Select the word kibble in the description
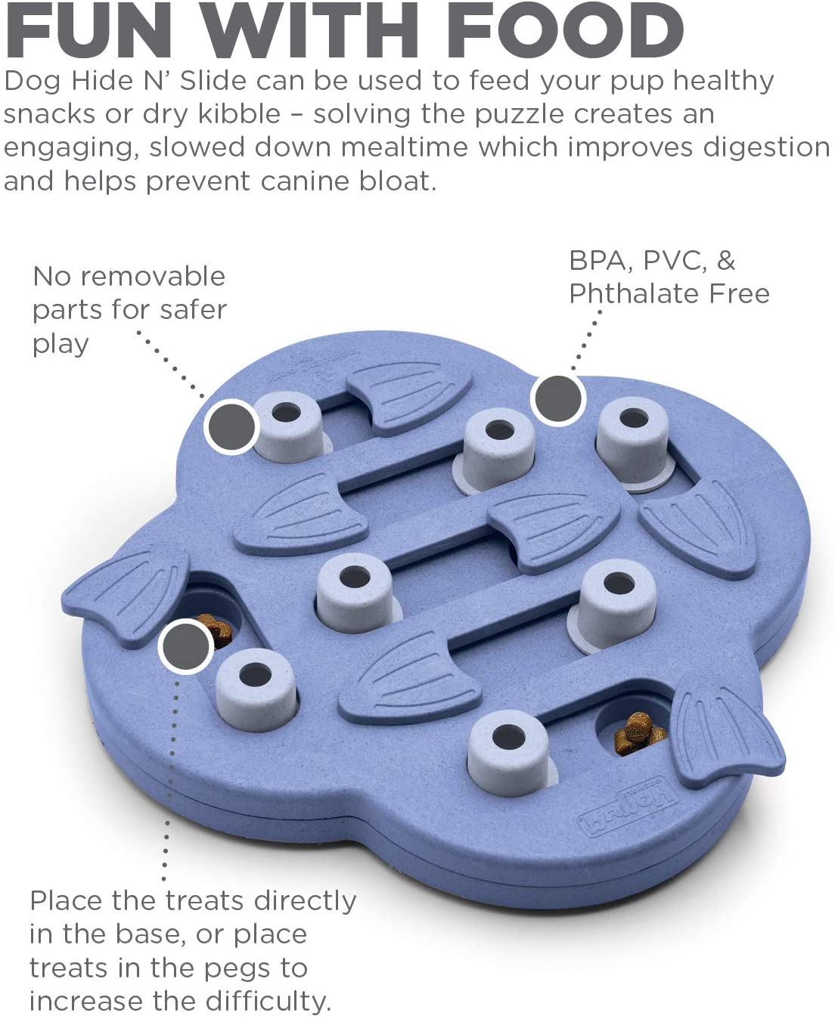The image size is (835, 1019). point(239,114)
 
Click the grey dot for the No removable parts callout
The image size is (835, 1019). point(231,426)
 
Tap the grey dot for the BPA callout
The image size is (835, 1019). point(558,398)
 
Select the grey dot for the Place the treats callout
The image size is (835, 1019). point(186,646)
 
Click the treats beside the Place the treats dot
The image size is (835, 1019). point(217,631)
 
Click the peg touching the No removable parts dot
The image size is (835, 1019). point(290,426)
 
